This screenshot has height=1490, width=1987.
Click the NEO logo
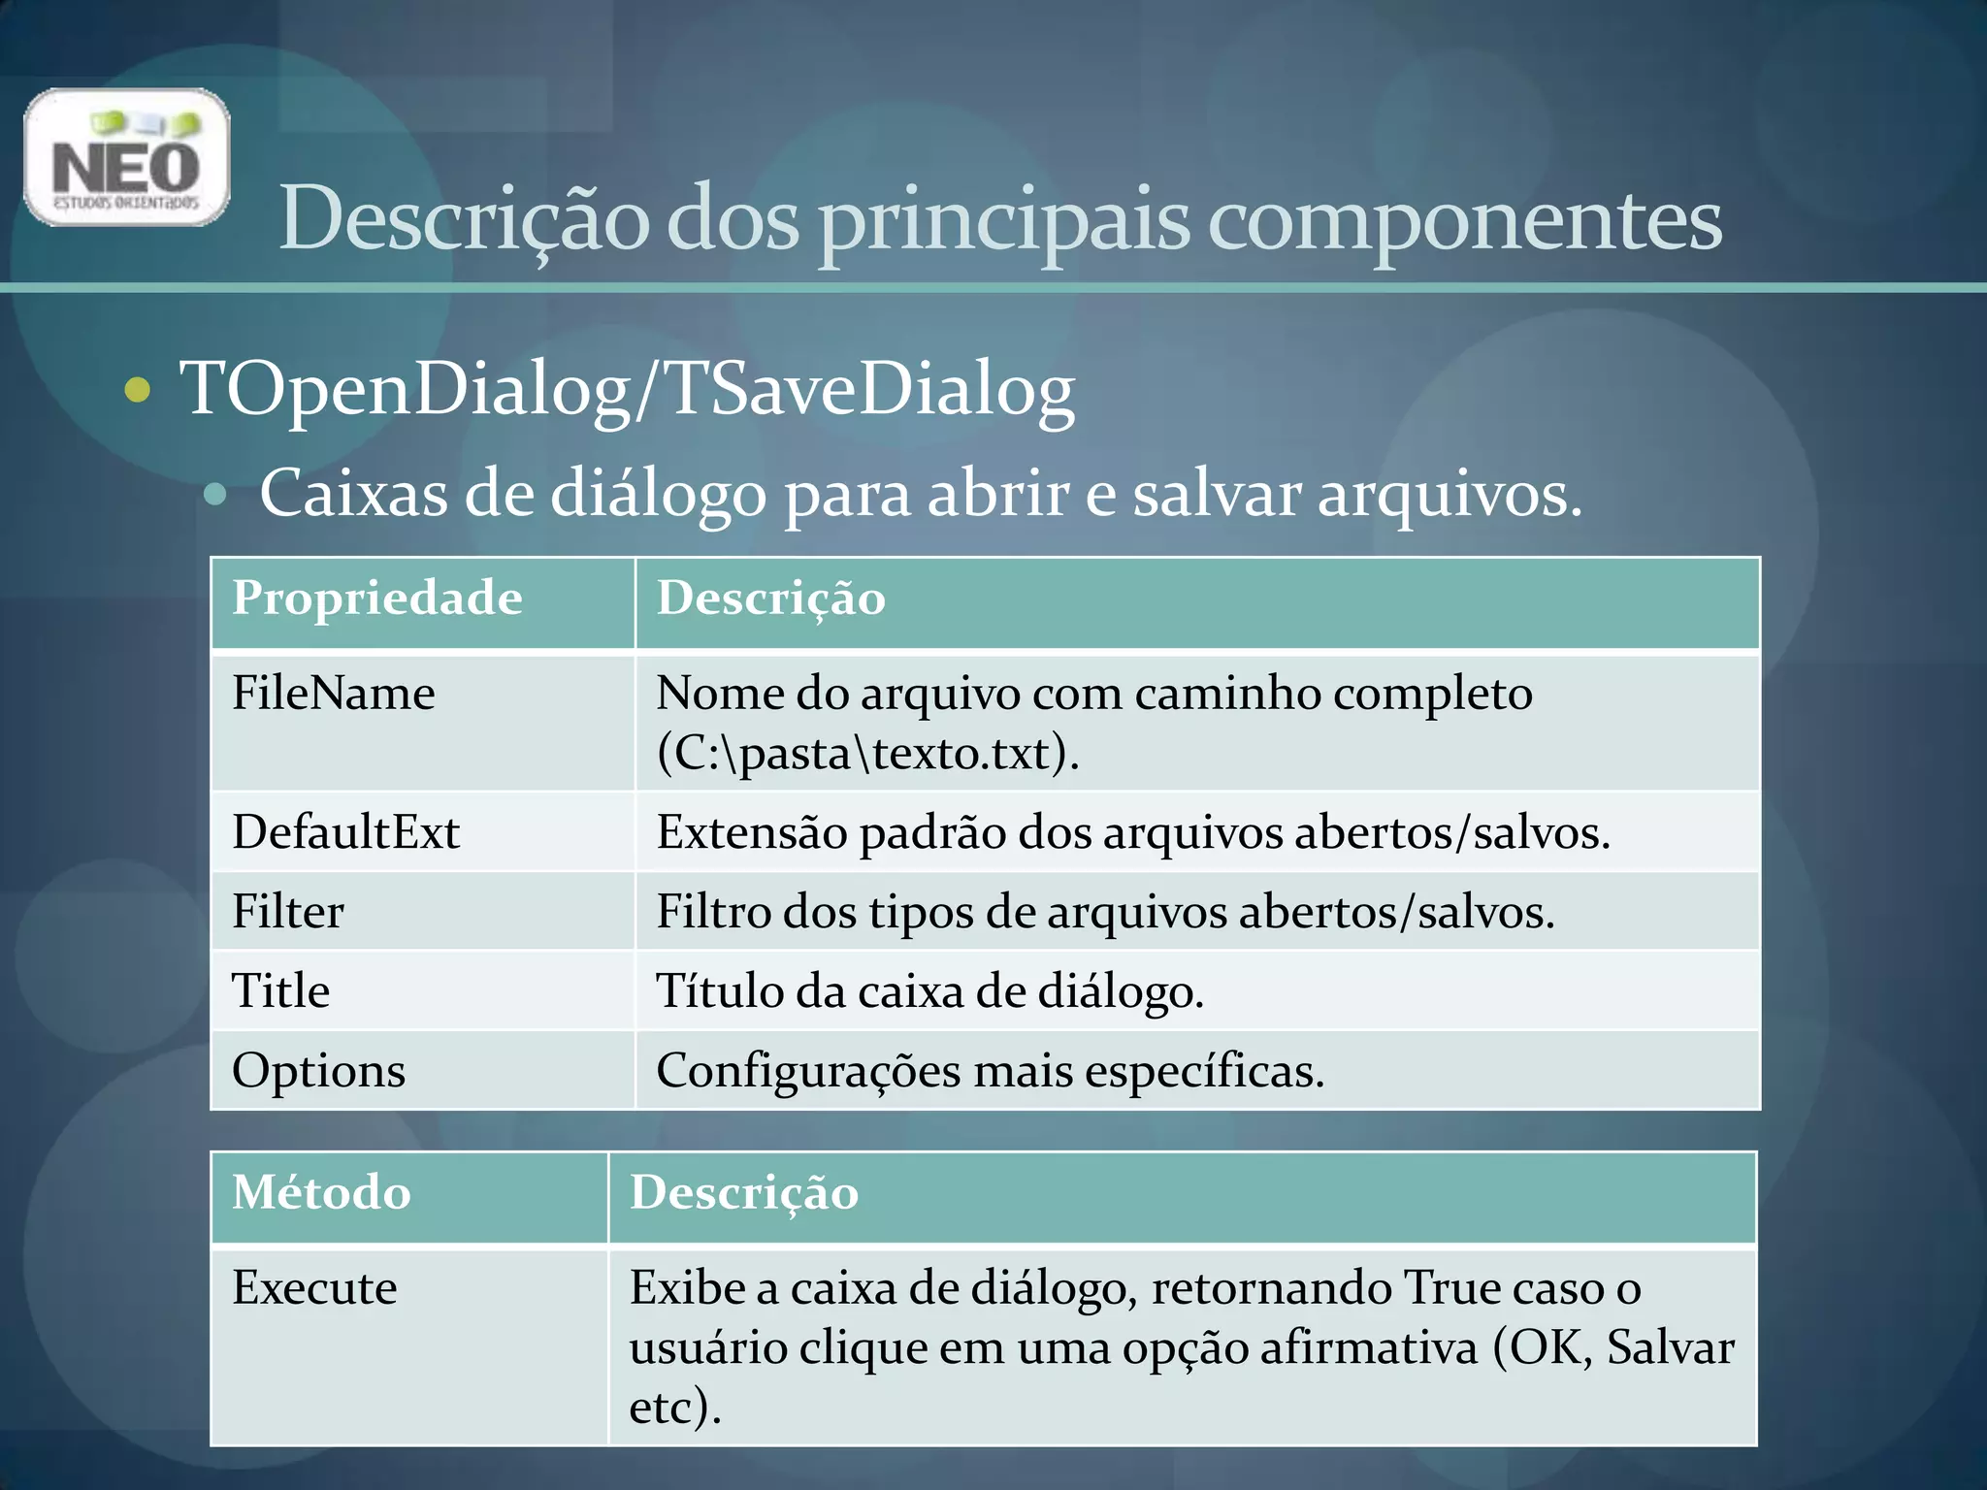coord(127,158)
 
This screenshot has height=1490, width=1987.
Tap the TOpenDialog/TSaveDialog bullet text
coord(627,390)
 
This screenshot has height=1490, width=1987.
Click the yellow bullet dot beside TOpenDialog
coord(139,390)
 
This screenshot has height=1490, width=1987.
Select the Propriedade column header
coord(376,599)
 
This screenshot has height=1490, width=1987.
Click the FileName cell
coord(334,694)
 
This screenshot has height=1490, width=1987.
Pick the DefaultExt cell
coord(345,832)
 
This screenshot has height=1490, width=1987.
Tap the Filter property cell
coord(288,912)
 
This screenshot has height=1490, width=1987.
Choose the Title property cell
coord(281,991)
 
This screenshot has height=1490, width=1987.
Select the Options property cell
coord(318,1071)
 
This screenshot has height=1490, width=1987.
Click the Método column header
coord(321,1193)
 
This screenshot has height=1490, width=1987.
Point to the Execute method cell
coord(314,1288)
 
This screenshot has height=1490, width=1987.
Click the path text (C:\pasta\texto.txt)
coord(867,754)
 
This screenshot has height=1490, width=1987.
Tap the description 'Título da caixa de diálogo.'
coord(929,991)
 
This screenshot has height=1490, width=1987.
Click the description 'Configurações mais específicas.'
coord(990,1071)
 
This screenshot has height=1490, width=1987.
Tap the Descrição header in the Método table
coord(744,1193)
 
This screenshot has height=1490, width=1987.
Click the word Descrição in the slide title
coord(464,219)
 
